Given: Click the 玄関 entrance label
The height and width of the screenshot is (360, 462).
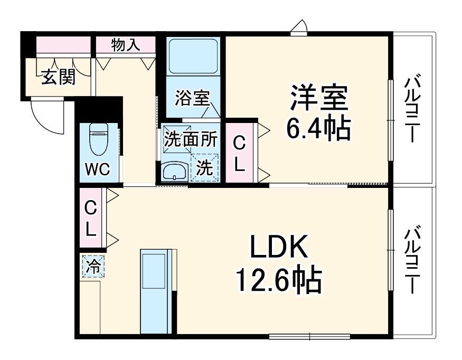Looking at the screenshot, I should (x=58, y=77).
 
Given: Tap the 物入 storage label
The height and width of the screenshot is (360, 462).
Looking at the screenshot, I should (x=126, y=45).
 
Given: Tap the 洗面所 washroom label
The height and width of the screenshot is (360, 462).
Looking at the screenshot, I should (x=190, y=139).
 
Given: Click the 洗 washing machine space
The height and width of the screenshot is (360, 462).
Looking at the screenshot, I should (x=205, y=167).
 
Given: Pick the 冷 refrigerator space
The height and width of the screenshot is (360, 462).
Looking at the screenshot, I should (x=93, y=266).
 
